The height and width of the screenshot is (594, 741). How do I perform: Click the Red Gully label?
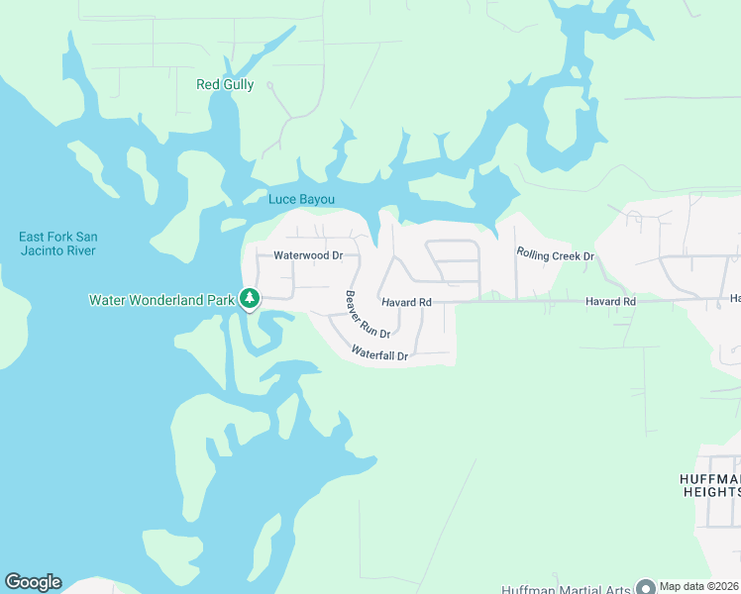(225, 85)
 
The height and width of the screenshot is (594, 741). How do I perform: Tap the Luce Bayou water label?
(309, 199)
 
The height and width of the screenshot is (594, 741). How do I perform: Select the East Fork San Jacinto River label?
(57, 244)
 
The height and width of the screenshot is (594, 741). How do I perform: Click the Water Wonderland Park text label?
(161, 299)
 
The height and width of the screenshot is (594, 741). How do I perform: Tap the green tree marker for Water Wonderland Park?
(250, 298)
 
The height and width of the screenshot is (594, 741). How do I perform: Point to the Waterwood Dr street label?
(308, 255)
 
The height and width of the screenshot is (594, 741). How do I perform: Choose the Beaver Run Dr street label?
(368, 315)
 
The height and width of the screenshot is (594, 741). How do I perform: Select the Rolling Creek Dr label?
(555, 255)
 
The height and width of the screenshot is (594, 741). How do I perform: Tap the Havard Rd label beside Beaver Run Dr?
(406, 302)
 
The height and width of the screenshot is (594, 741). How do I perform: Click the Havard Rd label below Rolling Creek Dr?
(609, 301)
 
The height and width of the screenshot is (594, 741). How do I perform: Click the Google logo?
(33, 582)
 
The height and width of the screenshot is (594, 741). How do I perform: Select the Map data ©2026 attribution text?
(699, 585)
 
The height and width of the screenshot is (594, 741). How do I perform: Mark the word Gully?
(239, 85)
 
